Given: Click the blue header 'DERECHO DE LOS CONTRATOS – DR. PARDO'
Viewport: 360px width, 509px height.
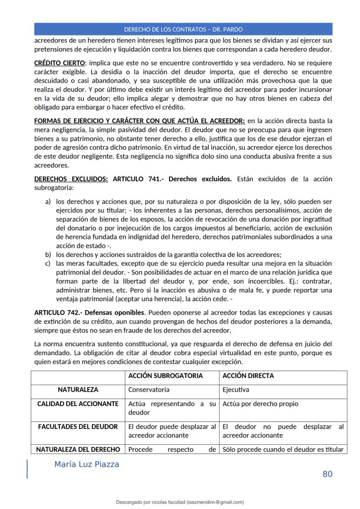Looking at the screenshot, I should coord(183,30).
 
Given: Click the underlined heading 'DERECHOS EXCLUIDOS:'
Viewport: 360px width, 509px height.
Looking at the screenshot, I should coord(71,179).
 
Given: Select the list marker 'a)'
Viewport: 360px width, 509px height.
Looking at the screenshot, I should coord(48,202).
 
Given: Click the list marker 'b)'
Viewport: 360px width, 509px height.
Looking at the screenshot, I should coord(48,255).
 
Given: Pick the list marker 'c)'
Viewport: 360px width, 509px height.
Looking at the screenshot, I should coord(48,263).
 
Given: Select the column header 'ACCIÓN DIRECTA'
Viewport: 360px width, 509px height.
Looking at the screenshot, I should coord(248,376).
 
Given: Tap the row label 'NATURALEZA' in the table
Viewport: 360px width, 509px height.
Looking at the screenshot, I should coord(78,390).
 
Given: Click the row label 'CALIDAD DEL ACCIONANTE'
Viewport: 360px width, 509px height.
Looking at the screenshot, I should coord(78,404).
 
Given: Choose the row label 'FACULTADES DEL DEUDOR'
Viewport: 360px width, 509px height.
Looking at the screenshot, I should coord(78,427).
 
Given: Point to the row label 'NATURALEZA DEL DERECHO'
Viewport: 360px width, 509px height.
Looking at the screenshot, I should coord(78,449).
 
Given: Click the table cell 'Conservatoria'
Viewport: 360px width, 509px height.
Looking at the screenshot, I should coord(149,390).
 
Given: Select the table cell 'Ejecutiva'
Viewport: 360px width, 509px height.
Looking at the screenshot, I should coord(236,390).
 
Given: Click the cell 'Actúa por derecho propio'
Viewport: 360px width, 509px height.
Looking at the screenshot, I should coord(260,404).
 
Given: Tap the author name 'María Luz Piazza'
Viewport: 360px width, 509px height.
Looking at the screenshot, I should coord(87,464).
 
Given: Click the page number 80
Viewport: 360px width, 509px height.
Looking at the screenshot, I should coord(327,474).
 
